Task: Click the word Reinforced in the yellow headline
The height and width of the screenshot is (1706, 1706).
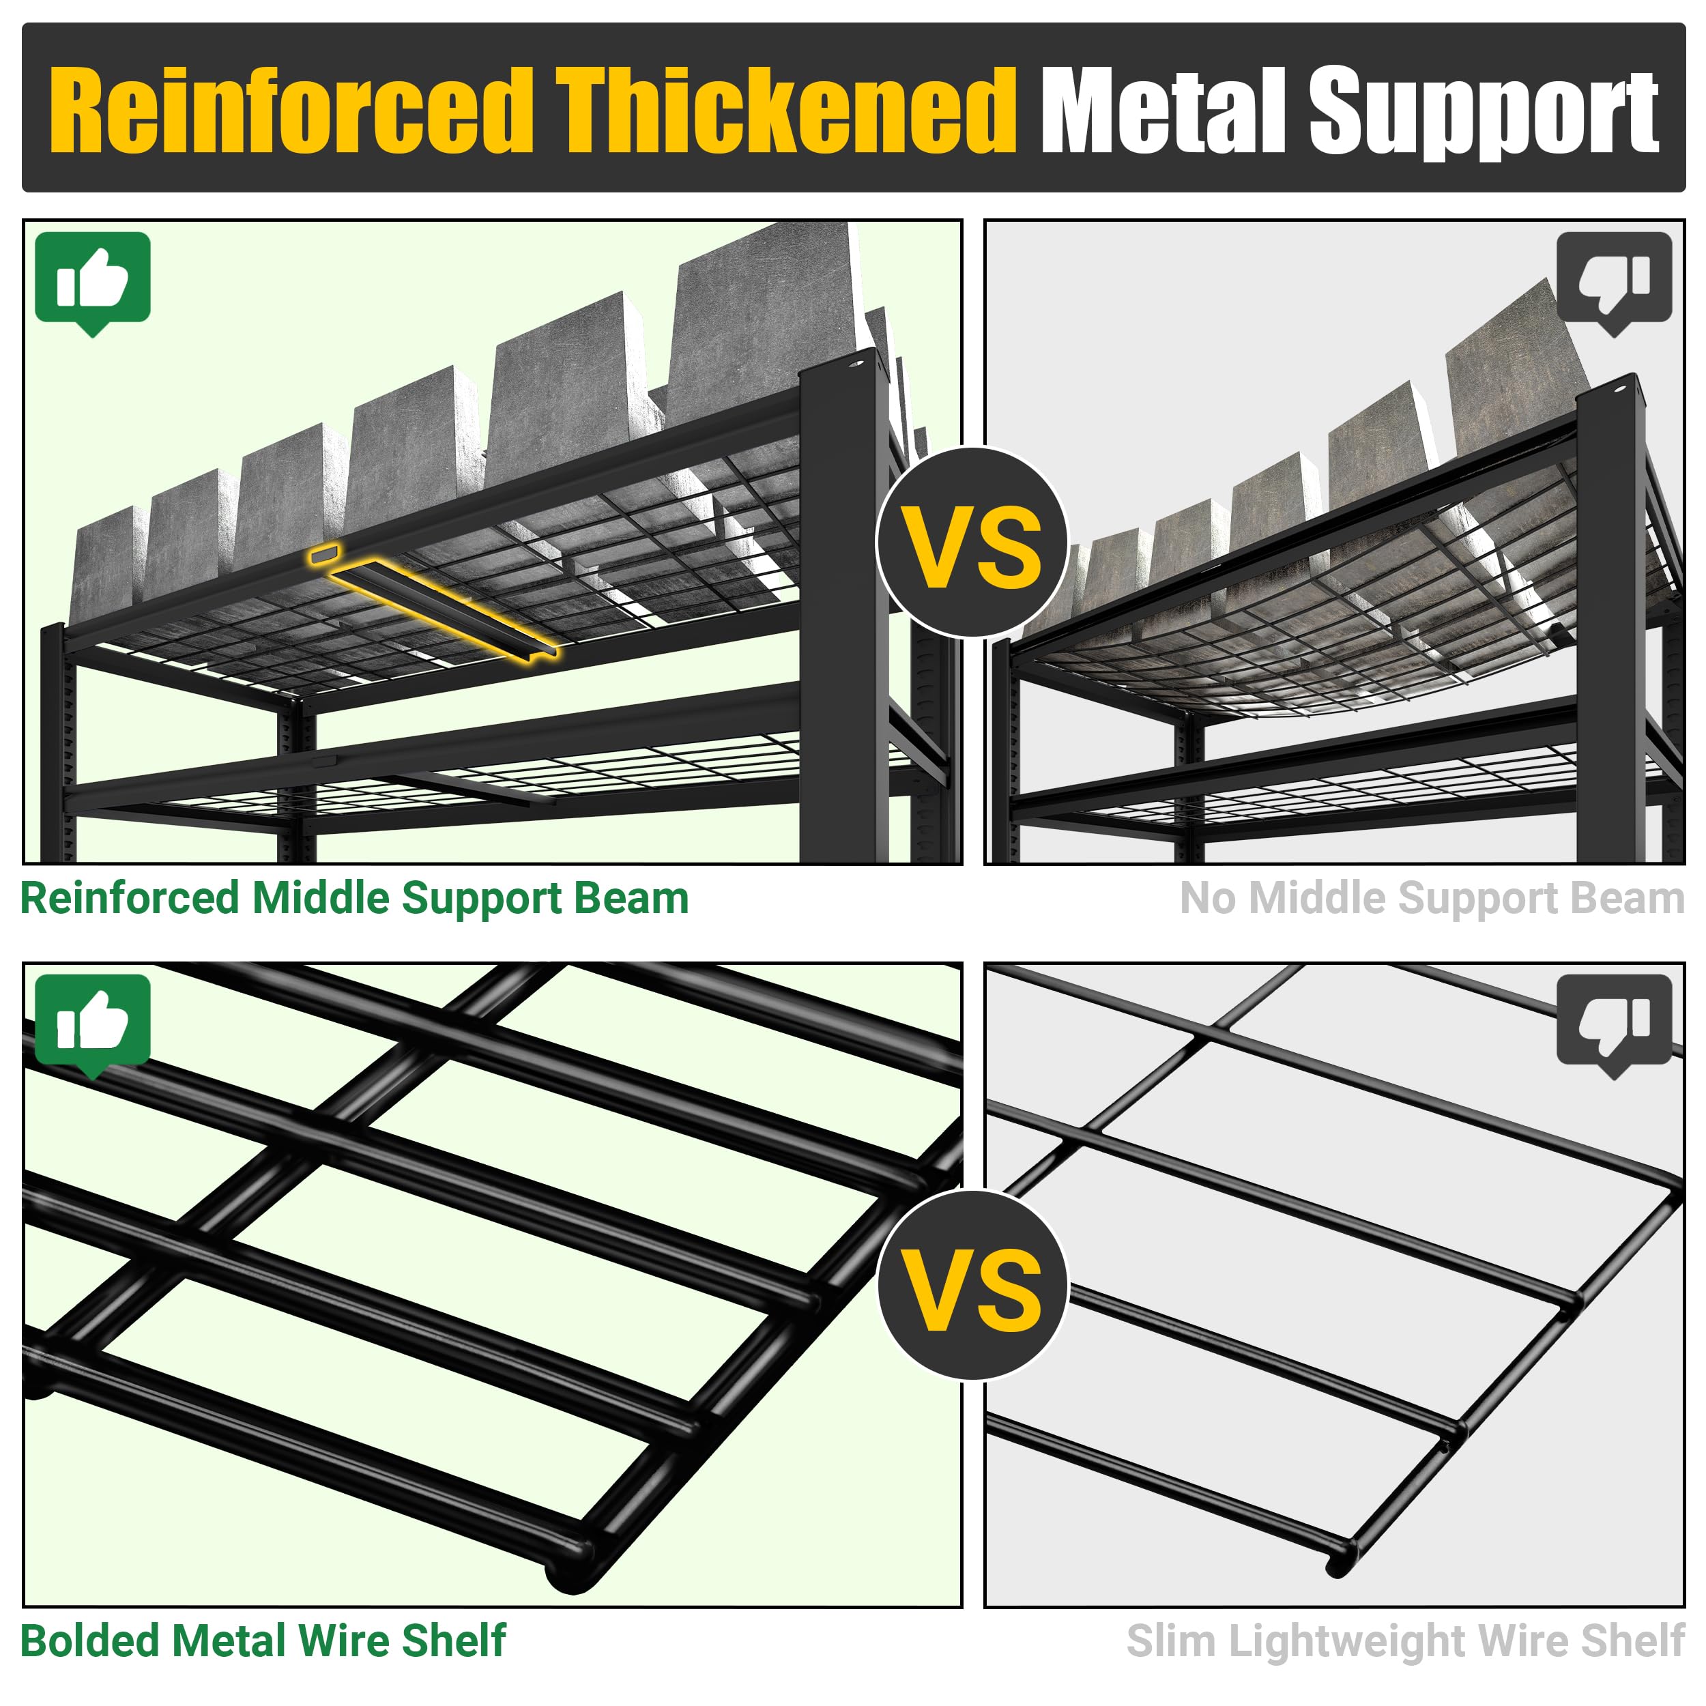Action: coord(291,111)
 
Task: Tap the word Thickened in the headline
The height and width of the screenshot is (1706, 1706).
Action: coord(786,111)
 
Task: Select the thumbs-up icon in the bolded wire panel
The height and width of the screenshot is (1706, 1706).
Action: coord(93,1024)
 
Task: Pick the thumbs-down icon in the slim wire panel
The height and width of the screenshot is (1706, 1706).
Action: coord(1614,1024)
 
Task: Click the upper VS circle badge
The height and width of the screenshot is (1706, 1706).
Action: coord(972,543)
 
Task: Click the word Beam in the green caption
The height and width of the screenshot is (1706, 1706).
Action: coord(631,899)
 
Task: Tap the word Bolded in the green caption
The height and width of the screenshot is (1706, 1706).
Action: coord(90,1642)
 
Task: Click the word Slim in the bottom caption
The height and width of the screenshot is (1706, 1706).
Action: coord(1172,1642)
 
